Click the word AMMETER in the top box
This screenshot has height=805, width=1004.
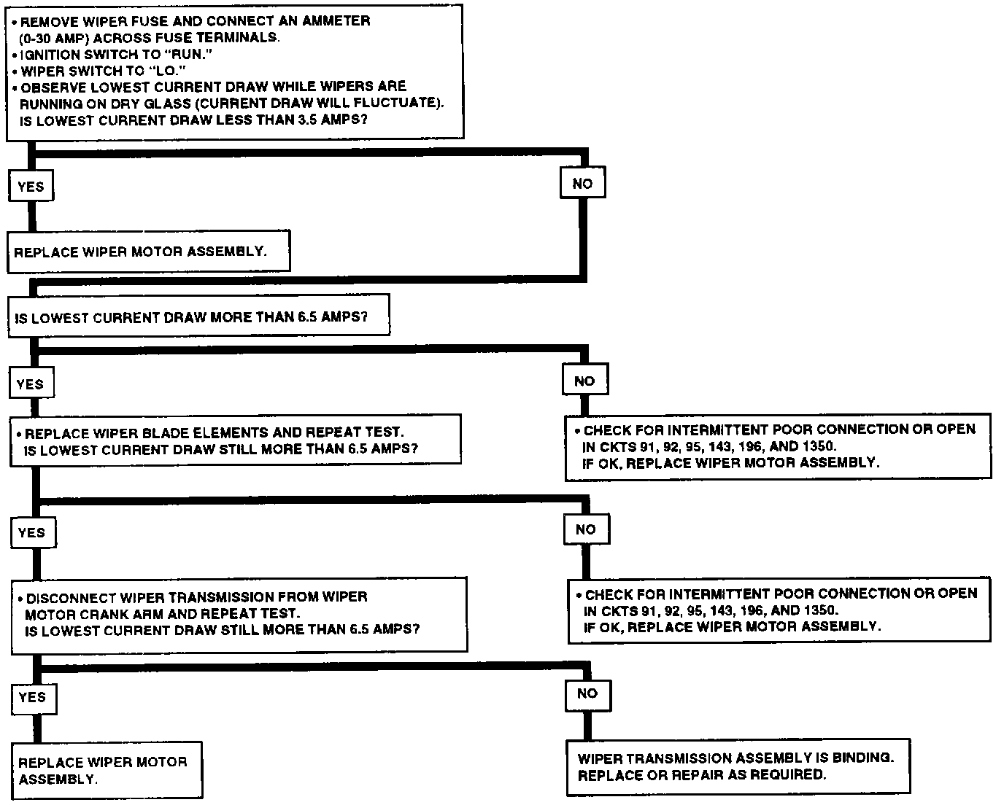(336, 21)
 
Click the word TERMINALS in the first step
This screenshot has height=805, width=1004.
(242, 37)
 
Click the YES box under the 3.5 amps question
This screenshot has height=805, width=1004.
(31, 187)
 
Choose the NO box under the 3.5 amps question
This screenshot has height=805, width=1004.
(582, 184)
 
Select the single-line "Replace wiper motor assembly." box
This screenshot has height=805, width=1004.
(148, 252)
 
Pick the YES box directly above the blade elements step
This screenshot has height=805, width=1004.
(31, 384)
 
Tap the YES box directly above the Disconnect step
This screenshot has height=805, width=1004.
(32, 533)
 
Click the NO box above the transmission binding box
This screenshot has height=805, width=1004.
(587, 693)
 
